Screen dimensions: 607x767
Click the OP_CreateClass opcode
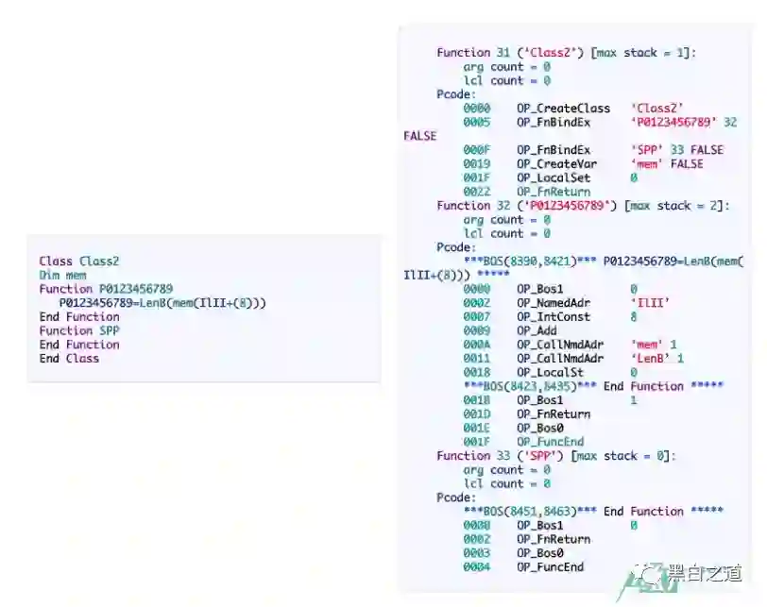pyautogui.click(x=563, y=109)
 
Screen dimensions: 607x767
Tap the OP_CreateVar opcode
pyautogui.click(x=556, y=163)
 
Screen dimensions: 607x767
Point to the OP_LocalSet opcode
pyautogui.click(x=553, y=177)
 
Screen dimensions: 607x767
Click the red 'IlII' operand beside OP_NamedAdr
pyautogui.click(x=649, y=303)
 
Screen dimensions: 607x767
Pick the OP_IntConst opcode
pyautogui.click(x=553, y=317)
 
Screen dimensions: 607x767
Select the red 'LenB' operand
pyautogui.click(x=649, y=359)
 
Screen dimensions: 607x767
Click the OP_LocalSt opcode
pyautogui.click(x=550, y=373)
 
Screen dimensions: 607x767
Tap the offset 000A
pyautogui.click(x=476, y=345)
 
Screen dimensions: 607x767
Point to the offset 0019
pyautogui.click(x=476, y=163)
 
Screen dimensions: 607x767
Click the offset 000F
pyautogui.click(x=476, y=150)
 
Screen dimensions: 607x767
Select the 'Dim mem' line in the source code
pyautogui.click(x=62, y=275)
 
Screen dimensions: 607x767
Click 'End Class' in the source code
pyautogui.click(x=69, y=358)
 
